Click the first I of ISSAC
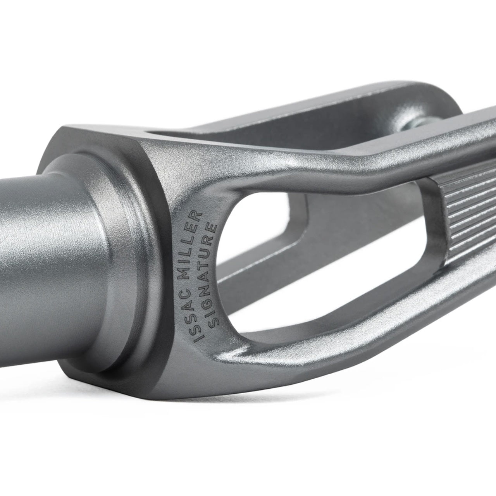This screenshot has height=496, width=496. click(x=198, y=339)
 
